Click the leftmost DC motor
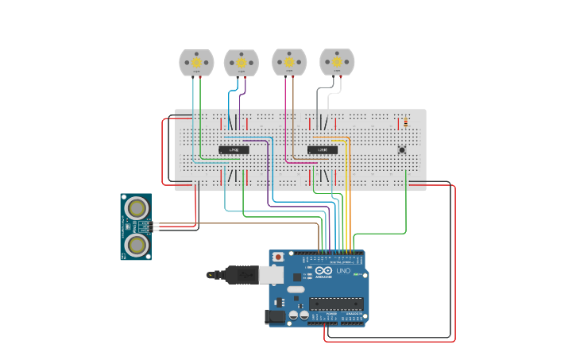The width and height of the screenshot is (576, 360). pos(196,62)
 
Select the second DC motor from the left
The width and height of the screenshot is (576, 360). pos(241,62)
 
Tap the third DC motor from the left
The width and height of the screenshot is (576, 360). pos(288,61)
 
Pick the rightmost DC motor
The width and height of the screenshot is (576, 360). pos(336,61)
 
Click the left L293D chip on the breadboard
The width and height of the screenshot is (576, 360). pos(234,149)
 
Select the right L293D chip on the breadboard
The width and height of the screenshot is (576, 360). pos(323,149)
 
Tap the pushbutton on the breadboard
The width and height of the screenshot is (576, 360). pos(402,149)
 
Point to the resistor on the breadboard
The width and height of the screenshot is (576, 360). pos(405,122)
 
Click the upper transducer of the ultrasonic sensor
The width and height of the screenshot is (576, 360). pos(138,208)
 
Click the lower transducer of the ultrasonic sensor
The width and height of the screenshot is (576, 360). pos(138,245)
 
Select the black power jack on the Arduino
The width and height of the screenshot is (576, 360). pos(275,316)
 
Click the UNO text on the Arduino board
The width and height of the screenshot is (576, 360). pos(343,271)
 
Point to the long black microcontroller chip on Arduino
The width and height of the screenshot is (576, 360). pos(336,303)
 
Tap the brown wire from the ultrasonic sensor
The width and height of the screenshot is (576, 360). pos(238,223)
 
